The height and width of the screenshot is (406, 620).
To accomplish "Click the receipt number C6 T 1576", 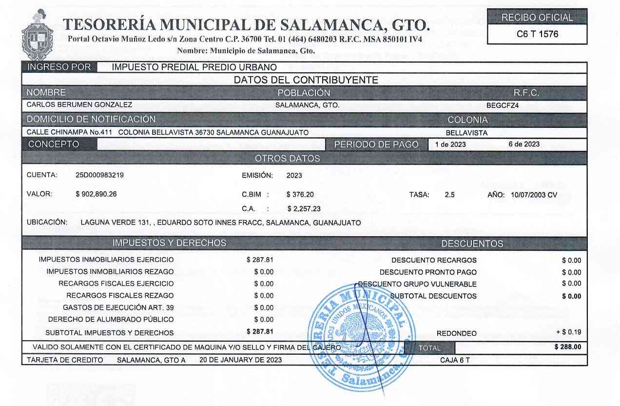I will tap(537, 34).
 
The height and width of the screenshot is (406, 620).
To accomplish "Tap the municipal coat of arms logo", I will tap(38, 38).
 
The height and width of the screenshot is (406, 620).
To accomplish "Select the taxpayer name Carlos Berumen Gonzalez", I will tap(79, 105).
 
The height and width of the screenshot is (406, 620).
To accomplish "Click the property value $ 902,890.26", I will tap(96, 194).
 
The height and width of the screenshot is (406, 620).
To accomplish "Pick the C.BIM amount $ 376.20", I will tap(300, 194).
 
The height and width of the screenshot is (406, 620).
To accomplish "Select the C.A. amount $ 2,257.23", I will tap(304, 209).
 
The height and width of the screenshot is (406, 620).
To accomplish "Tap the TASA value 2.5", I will tap(449, 195).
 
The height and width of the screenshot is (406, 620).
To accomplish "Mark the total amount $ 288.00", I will tap(568, 347).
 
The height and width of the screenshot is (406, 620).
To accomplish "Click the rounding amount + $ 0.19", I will tap(569, 333).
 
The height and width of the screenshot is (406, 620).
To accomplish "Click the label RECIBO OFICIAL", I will tap(537, 18).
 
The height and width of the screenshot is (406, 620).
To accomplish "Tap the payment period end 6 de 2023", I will tap(523, 144).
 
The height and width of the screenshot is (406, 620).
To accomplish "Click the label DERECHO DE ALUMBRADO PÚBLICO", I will tap(111, 320).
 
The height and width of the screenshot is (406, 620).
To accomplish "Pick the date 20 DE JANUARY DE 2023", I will tap(240, 360).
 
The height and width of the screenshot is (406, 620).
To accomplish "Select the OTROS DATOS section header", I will tap(288, 159).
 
